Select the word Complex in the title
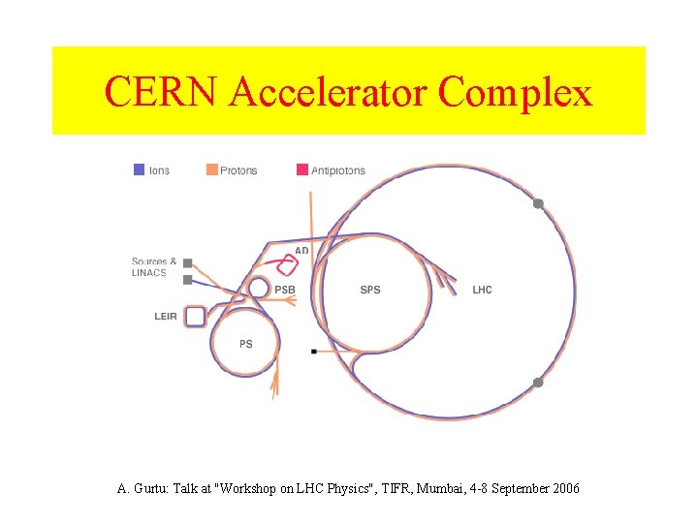[515, 93]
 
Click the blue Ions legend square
[139, 170]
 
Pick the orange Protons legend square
[211, 170]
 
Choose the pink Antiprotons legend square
[302, 170]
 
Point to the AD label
[301, 251]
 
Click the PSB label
[284, 290]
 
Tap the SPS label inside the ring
[369, 290]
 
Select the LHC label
[482, 290]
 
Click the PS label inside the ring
[246, 344]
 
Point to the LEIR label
[166, 317]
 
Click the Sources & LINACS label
[154, 267]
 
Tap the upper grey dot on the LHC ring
[538, 203]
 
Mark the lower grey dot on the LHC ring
[538, 383]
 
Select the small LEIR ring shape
[195, 316]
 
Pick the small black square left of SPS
[313, 352]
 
